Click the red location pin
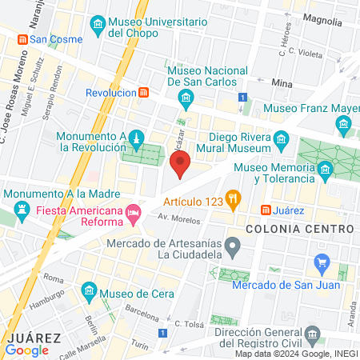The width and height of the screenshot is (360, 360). pos(180,162)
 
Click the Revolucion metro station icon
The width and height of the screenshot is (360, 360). pos(143,92)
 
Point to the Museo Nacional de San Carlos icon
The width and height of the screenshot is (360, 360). pos(186,100)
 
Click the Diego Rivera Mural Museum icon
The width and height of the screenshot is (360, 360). pos(281,141)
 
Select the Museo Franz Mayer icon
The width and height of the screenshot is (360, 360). pos(344,123)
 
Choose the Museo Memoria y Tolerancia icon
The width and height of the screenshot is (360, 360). pos(325,170)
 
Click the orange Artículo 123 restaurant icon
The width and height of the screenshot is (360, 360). pos(233,198)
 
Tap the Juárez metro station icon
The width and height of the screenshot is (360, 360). pos(265,210)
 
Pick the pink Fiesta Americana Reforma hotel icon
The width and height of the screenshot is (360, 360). pos(134,211)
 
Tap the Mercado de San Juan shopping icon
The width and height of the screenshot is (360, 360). pos(322,262)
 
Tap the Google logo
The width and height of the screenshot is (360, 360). pos(26,350)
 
